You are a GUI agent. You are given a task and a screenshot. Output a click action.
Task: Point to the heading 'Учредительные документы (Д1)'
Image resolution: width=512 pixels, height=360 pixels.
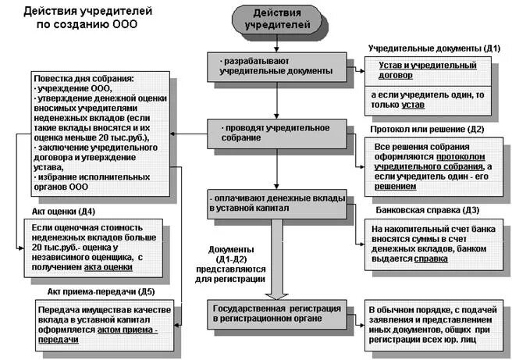pos(434,48)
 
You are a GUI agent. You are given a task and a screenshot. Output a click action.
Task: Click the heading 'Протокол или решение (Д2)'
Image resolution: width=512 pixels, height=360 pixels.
pos(428,129)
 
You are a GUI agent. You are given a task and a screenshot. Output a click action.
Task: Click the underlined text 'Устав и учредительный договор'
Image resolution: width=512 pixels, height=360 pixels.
pos(426,71)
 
